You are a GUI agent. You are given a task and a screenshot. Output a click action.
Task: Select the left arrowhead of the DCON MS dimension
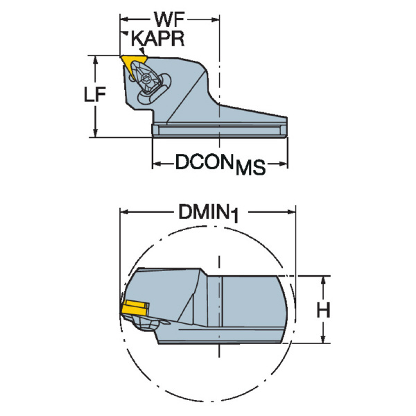point(156,164)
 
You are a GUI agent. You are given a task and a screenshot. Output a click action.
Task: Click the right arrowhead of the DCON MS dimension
point(284,164)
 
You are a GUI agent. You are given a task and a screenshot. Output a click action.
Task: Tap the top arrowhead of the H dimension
point(323,279)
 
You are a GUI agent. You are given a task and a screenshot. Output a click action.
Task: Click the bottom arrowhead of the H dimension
point(323,340)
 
